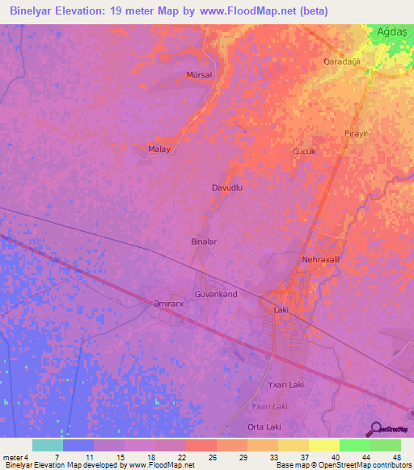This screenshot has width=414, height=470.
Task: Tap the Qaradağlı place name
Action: [341, 61]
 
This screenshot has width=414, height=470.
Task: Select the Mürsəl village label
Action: [199, 74]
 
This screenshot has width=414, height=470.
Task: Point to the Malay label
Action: [158, 149]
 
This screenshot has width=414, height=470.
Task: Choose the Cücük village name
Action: [302, 151]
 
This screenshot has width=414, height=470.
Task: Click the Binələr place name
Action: [204, 241]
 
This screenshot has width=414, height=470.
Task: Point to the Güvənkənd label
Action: [216, 294]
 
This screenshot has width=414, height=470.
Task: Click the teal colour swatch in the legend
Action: [48, 445]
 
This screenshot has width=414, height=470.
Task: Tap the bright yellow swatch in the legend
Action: [323, 445]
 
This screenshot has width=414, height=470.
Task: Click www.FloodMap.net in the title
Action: [241, 11]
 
